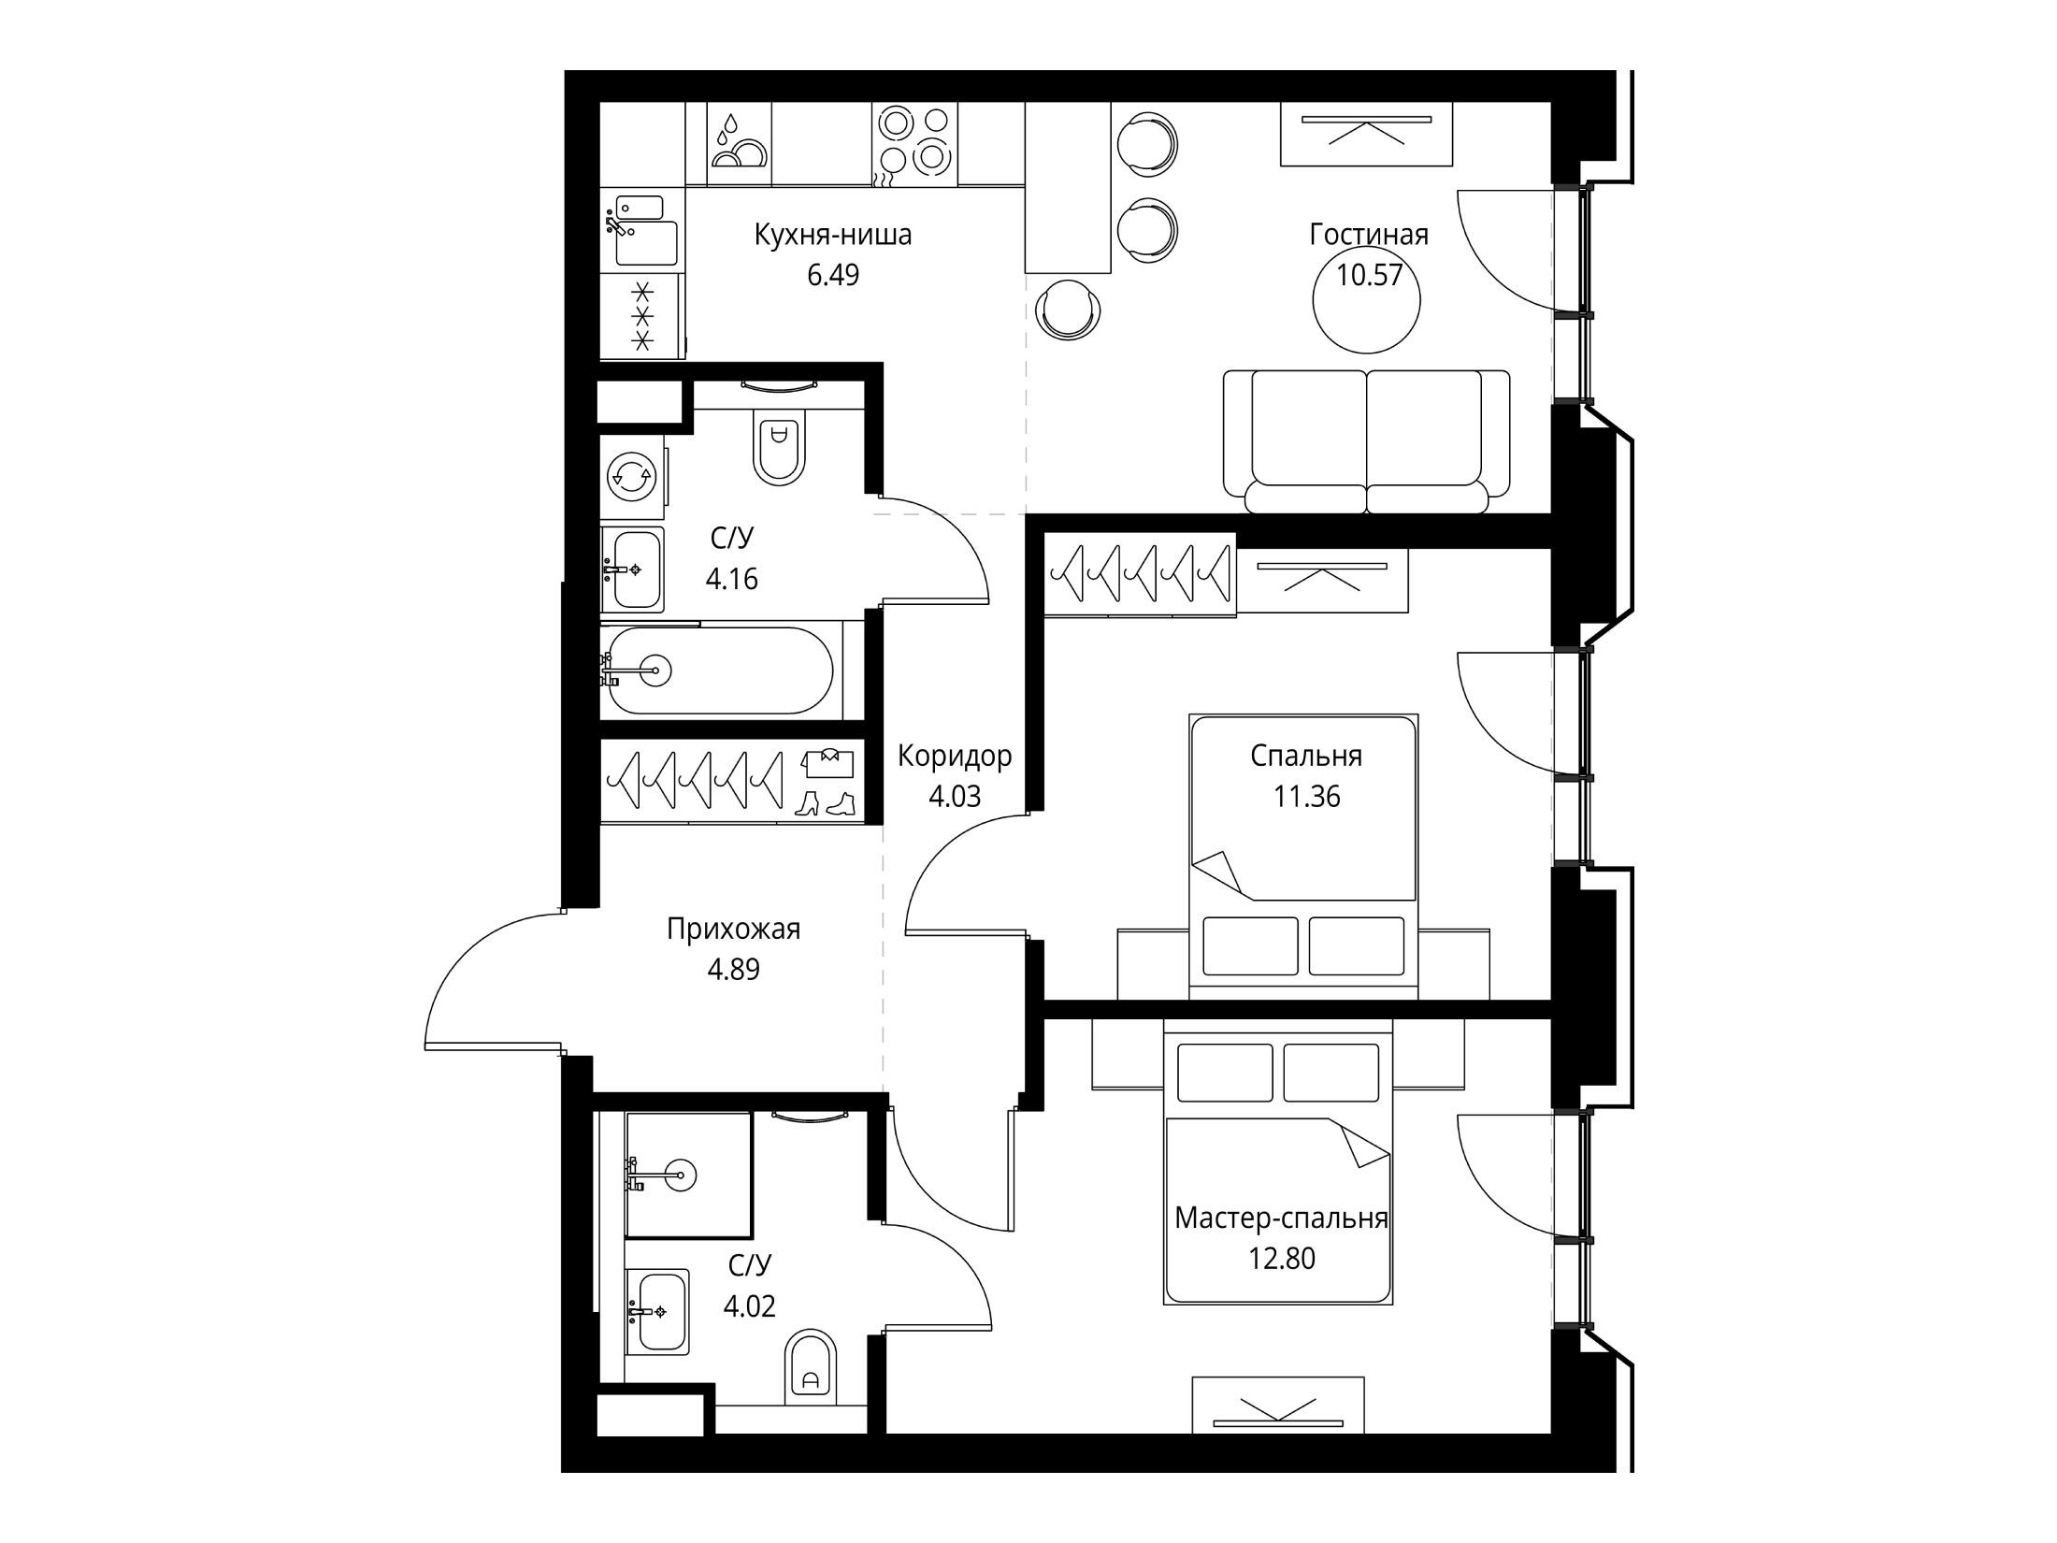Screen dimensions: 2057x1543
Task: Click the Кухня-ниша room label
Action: [x=832, y=235]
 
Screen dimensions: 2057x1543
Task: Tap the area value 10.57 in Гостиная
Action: [x=1369, y=275]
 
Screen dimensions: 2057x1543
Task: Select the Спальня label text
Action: [x=1306, y=756]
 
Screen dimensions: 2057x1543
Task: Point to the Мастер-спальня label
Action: [x=1281, y=1219]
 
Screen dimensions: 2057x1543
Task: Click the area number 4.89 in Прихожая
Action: [x=733, y=970]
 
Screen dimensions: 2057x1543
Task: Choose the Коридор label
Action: [x=955, y=756]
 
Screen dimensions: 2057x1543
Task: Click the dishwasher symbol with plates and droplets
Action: [x=739, y=143]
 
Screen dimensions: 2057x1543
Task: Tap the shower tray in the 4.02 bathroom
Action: [x=688, y=1175]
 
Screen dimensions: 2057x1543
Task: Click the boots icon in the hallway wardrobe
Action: [x=826, y=804]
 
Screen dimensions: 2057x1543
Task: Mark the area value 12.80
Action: [x=1282, y=1259]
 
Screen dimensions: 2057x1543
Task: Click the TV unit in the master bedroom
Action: [x=1278, y=1405]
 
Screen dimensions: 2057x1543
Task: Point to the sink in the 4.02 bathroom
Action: [x=657, y=1311]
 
